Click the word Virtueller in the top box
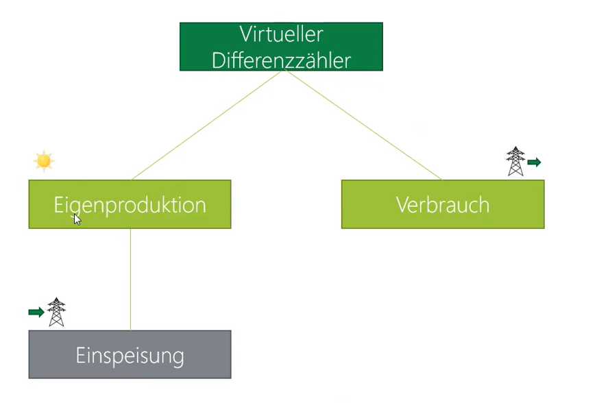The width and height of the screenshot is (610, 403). [281, 34]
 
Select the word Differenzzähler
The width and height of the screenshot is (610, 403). [281, 61]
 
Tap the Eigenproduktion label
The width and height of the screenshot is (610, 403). [130, 206]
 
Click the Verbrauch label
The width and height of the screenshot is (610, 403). [443, 205]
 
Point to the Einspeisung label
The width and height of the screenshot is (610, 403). [130, 356]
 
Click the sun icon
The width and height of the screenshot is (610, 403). [44, 160]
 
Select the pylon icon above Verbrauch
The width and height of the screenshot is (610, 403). [515, 161]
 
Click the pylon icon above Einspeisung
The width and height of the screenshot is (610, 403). [56, 312]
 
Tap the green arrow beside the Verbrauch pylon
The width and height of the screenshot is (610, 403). [534, 162]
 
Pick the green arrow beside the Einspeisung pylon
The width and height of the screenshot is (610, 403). [36, 312]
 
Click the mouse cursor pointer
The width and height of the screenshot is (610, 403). [77, 219]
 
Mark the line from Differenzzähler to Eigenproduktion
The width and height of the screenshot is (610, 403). [206, 125]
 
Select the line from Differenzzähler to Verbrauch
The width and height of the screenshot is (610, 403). [363, 125]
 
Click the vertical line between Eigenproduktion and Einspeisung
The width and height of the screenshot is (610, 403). [130, 280]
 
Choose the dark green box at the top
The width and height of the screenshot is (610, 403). [281, 47]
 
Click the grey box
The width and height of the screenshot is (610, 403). [130, 354]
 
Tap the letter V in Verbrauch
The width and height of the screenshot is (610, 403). [403, 205]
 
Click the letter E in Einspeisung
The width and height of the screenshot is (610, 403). [80, 355]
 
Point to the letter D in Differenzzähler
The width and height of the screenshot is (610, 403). [218, 61]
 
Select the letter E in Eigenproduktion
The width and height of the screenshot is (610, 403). [58, 205]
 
